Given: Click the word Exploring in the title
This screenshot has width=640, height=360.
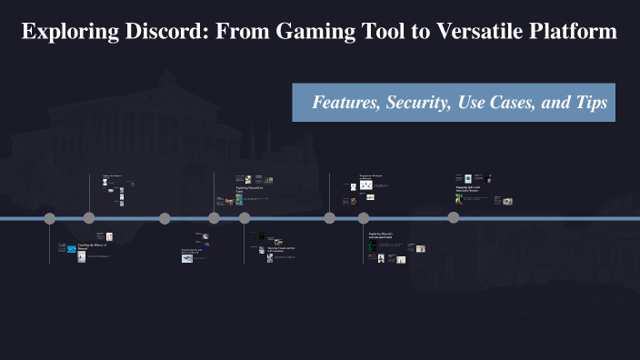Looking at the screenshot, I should pos(72,32).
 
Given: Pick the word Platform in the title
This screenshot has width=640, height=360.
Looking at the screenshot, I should pos(571,32).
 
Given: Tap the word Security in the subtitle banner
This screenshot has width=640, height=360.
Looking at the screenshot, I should pos(418,103).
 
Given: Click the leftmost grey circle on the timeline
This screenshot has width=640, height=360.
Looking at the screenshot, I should pos(50,218).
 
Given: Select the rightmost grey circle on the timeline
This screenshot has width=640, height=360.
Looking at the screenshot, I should pos(453,218).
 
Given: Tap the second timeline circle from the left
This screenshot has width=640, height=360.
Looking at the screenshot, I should pos(89,218).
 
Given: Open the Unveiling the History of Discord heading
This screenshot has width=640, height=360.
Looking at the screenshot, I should pos(92,246).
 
